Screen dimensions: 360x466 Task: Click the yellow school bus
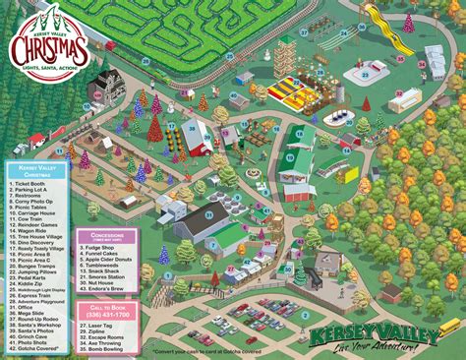pos(449,326)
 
